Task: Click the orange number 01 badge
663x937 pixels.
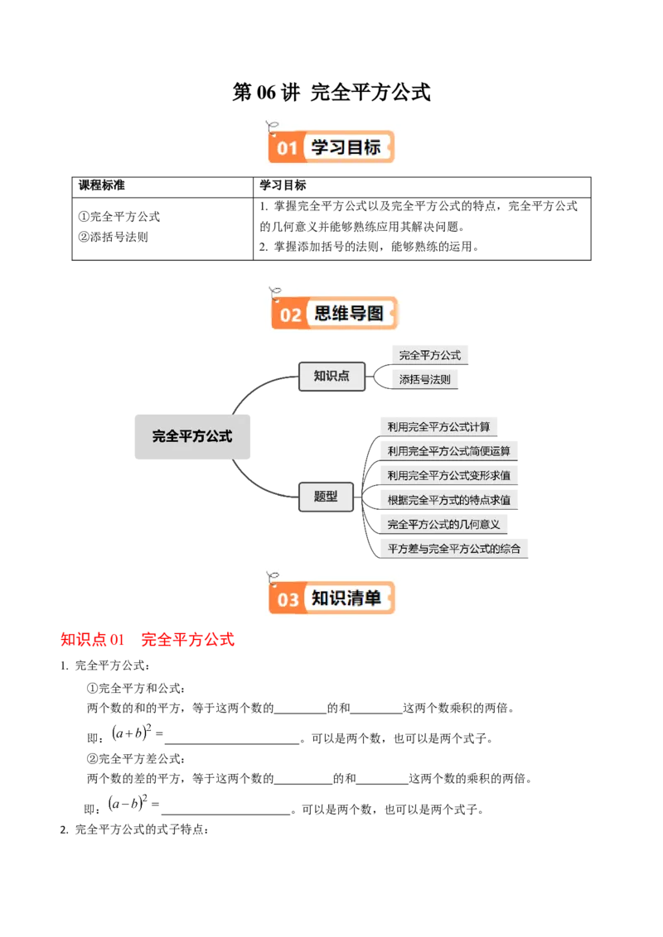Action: pos(287,148)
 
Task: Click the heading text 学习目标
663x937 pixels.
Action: pos(346,147)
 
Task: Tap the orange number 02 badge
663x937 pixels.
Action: pos(290,315)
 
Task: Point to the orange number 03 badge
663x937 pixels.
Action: pos(288,598)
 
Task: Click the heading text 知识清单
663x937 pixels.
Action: pos(346,598)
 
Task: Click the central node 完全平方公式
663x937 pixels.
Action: pos(192,436)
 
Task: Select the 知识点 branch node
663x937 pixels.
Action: pos(331,376)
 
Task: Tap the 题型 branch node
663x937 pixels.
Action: pos(326,497)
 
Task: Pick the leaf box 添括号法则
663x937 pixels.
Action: pos(427,380)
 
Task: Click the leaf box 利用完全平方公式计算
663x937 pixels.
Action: pos(439,427)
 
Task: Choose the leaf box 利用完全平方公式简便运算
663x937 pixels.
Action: pos(449,451)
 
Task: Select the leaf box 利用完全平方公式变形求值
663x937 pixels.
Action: pos(449,475)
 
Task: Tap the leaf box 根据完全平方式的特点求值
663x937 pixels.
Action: pos(449,500)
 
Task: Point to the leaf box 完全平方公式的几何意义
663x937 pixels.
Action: pos(443,524)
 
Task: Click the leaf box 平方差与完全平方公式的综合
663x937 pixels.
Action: pos(453,548)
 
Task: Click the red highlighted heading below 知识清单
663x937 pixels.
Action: pos(148,640)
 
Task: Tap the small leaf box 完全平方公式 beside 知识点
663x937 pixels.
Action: pos(430,355)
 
